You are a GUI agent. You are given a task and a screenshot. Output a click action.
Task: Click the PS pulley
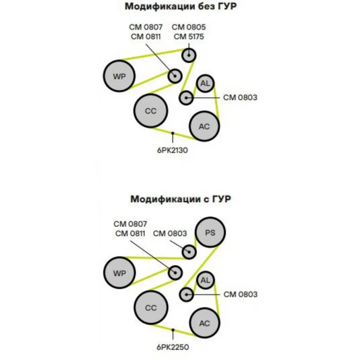tap(210, 232)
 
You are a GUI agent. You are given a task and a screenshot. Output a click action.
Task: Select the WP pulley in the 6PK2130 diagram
tap(119, 76)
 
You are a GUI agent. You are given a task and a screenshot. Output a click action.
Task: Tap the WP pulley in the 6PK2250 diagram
tap(119, 273)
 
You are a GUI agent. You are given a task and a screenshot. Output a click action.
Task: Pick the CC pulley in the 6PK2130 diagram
tap(151, 111)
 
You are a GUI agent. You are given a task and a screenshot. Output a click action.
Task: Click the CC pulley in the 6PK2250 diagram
tap(151, 308)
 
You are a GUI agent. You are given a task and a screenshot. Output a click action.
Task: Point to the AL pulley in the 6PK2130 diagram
tap(205, 83)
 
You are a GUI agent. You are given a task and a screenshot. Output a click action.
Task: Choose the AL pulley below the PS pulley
tap(205, 281)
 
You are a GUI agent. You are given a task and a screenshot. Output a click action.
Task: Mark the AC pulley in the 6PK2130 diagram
tap(205, 126)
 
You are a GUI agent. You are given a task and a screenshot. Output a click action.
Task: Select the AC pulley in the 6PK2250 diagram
tap(205, 324)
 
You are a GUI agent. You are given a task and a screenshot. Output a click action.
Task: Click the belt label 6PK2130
tap(172, 150)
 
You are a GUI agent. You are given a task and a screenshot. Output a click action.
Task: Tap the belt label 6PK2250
tap(172, 347)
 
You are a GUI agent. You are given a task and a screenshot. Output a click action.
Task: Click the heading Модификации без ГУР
tap(180, 7)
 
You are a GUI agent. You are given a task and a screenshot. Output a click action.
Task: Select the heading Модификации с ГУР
tap(180, 198)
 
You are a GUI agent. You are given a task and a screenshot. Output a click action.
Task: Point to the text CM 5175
tap(188, 36)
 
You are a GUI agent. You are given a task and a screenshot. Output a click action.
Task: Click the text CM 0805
tap(188, 27)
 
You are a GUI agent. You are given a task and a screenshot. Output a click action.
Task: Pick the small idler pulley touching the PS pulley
tap(189, 252)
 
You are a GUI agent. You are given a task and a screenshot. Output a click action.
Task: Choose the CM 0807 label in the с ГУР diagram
tap(130, 224)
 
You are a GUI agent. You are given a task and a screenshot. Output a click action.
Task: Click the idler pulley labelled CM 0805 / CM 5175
tap(189, 55)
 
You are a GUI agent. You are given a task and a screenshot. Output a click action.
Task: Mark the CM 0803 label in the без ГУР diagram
tap(240, 97)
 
